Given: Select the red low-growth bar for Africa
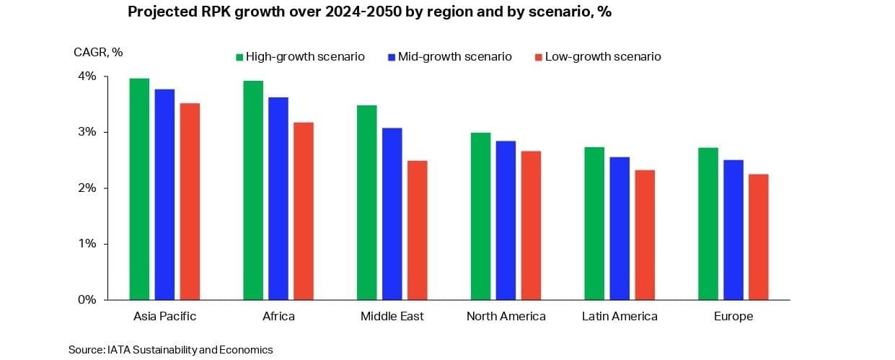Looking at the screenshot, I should click(x=304, y=211).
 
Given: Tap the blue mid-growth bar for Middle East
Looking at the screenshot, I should click(x=392, y=214).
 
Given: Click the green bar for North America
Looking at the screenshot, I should click(x=480, y=216).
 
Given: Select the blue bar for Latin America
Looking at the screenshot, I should click(x=620, y=228).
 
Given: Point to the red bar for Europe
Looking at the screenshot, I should click(x=759, y=237).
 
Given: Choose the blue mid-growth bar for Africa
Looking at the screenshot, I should click(x=278, y=198).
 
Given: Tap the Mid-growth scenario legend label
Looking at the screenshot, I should click(x=454, y=56).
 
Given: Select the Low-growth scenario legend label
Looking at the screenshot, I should click(x=603, y=56).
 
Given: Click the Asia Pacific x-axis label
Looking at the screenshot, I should click(x=165, y=316).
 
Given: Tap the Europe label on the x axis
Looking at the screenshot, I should click(x=733, y=316).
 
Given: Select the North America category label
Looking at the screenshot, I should click(x=506, y=316).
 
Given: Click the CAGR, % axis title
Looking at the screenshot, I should click(x=98, y=52).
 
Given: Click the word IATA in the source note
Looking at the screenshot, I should click(x=119, y=350).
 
